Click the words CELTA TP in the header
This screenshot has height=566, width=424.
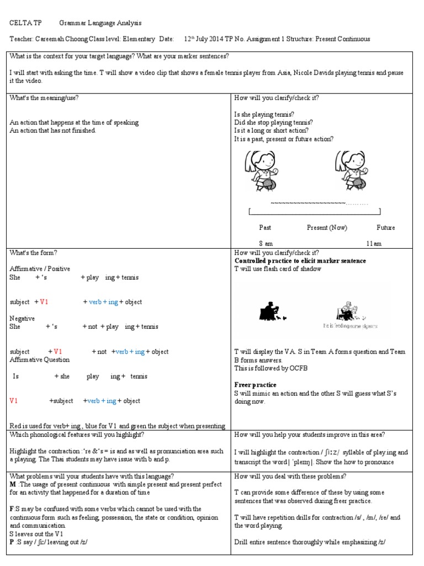tap(25, 23)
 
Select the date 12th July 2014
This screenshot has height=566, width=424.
tap(205, 39)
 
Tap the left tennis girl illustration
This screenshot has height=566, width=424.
tap(260, 171)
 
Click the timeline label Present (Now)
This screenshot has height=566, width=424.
tap(327, 228)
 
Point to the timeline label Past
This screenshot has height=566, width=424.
tap(265, 228)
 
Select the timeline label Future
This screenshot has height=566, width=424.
tap(385, 228)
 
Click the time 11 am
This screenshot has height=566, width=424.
tap(373, 244)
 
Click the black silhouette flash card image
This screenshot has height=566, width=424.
tap(272, 312)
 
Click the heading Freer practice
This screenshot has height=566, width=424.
tap(256, 385)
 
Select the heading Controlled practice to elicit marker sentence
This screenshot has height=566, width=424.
tap(300, 261)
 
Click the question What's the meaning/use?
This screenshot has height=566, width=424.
tap(44, 98)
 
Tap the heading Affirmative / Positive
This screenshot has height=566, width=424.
tap(40, 269)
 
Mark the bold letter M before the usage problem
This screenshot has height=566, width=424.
tap(13, 484)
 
